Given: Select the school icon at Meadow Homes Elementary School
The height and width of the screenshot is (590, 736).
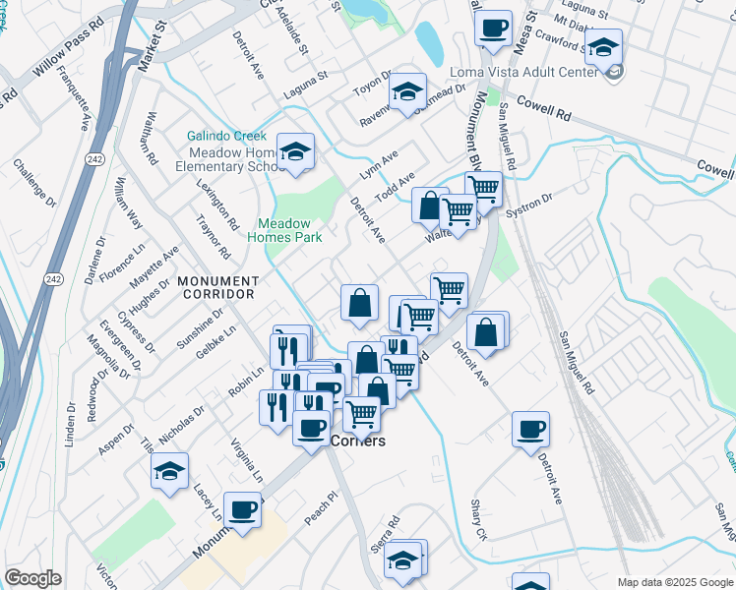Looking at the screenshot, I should (x=294, y=151).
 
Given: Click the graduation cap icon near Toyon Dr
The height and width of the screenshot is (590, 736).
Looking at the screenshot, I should (x=406, y=92).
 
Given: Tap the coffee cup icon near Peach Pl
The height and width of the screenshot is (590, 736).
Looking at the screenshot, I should (x=242, y=510).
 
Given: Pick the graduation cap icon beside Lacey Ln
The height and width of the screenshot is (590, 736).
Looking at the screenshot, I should (x=170, y=471).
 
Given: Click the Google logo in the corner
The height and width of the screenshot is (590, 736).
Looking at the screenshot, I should (x=32, y=578).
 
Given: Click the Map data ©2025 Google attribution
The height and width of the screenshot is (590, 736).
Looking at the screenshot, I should (x=675, y=582).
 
